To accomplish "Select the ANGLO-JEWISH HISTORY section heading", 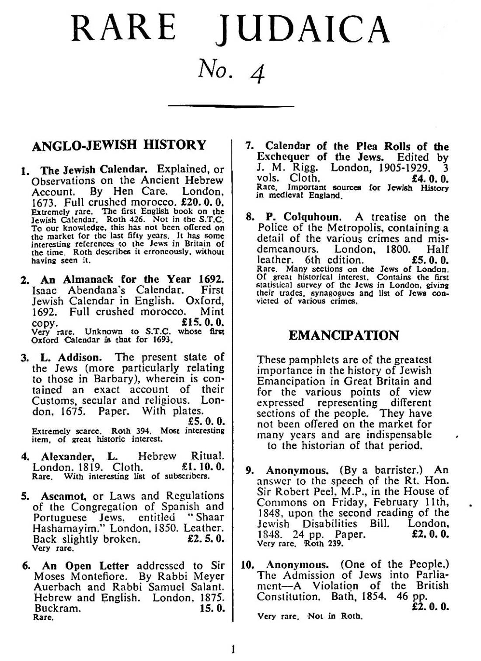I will [x=119, y=145].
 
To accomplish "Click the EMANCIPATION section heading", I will [x=344, y=336].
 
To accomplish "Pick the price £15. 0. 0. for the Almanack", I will [x=202, y=323].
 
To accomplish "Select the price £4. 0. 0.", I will [x=430, y=178].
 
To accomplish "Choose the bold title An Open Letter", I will [x=86, y=566].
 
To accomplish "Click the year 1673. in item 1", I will [x=45, y=202].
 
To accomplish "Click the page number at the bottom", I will [x=234, y=650].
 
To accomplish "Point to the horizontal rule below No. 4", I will [x=231, y=106].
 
